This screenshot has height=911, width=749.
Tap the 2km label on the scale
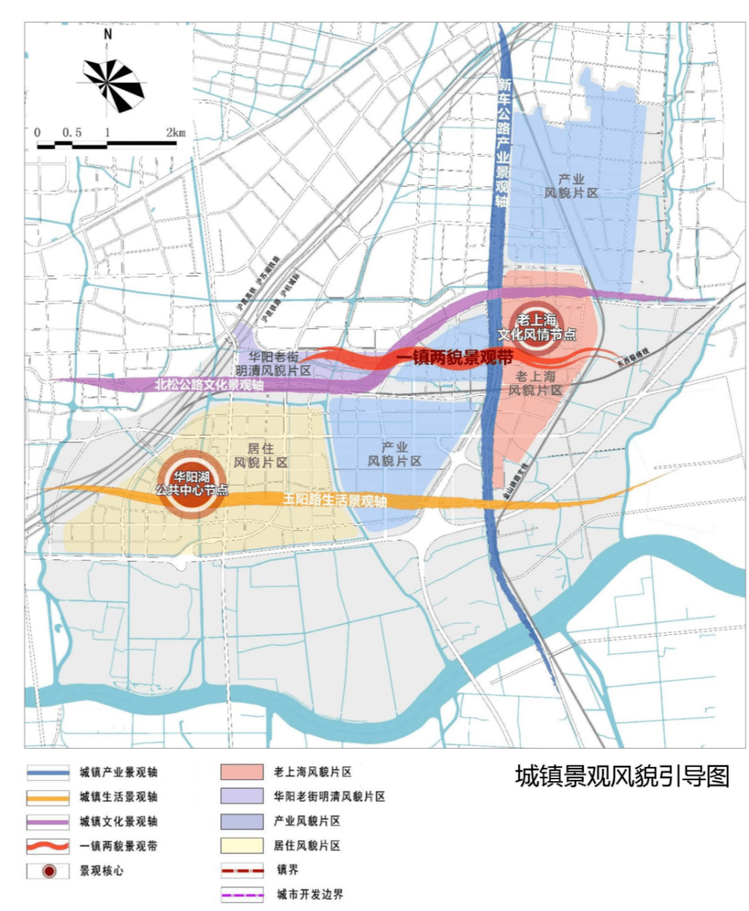pos(175,132)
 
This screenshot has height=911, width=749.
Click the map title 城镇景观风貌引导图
pos(622,776)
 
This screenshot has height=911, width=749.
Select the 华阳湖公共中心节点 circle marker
pos(191,484)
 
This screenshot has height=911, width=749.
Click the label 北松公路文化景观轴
pos(209,384)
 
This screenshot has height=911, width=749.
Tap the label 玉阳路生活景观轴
pos(334,500)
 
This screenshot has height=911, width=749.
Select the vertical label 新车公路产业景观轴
pos(503,142)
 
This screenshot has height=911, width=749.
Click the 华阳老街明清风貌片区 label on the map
pos(273,364)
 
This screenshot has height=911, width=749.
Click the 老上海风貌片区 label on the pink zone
pos(535,383)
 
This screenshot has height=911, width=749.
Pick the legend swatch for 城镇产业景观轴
pos(48,772)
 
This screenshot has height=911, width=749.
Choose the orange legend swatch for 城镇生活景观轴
pos(48,797)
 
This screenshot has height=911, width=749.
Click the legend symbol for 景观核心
pos(48,871)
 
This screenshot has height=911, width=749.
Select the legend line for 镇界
pos(242,870)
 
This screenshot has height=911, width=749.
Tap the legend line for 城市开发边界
pos(242,894)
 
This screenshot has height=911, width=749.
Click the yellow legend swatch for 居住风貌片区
pos(242,846)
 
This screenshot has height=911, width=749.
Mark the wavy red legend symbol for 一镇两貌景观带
pos(48,846)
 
